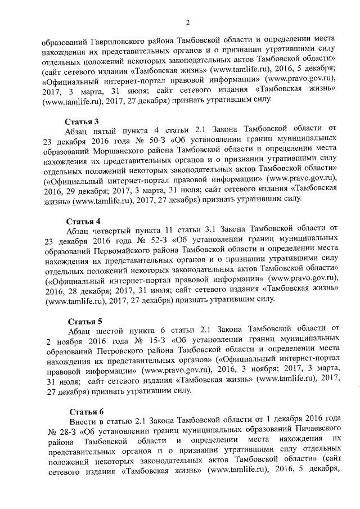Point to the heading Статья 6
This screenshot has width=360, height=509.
point(82,410)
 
